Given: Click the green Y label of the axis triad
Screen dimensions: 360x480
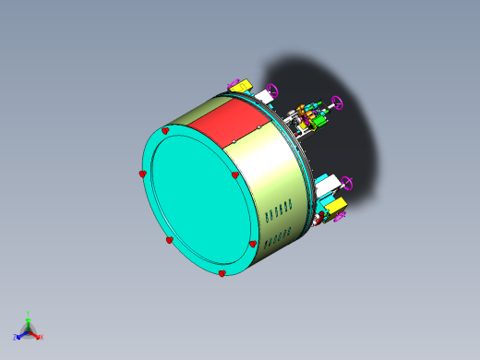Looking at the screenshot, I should coord(29,314).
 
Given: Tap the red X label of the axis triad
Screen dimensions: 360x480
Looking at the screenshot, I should coord(42,337).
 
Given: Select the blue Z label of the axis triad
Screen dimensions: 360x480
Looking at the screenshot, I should coord(16,337).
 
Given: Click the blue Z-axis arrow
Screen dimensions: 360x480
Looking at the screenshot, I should coord(21,333).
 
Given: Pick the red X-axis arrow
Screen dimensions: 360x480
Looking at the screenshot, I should coord(35,333).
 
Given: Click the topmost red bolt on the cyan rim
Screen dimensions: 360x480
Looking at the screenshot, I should coord(165,131).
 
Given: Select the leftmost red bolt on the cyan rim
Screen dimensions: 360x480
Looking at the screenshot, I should coord(142,174).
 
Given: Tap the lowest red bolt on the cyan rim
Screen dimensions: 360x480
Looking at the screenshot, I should coord(222,273).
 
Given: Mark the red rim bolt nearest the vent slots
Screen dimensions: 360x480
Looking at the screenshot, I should coord(252,245).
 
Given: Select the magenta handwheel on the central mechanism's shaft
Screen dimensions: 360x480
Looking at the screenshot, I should coord(337,102).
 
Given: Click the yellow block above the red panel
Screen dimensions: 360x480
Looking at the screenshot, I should coord(240,87).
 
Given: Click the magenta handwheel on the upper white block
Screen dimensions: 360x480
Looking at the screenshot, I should coord(271,90).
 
